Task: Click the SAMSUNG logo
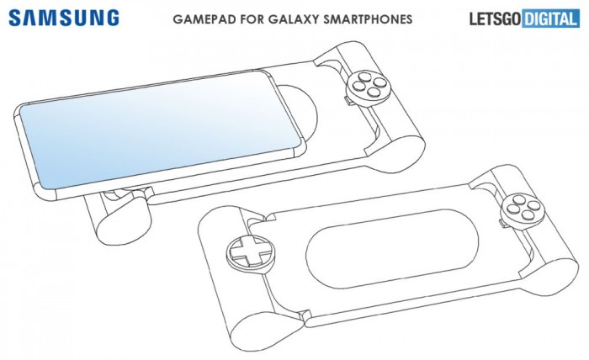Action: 64,18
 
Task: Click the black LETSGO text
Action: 495,19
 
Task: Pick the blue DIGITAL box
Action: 550,19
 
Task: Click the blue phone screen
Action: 161,129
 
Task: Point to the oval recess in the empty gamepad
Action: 392,248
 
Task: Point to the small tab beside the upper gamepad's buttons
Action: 348,101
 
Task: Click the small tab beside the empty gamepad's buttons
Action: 503,224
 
